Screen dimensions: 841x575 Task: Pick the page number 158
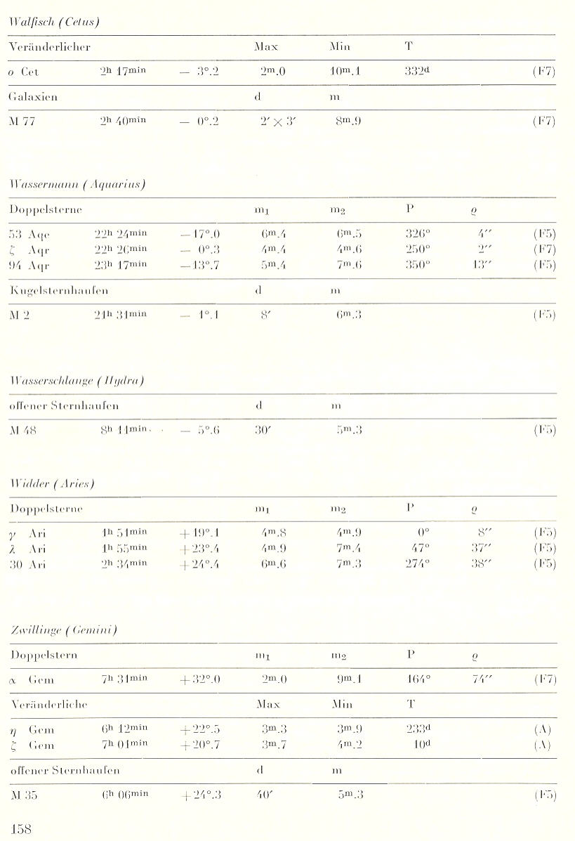coord(21,827)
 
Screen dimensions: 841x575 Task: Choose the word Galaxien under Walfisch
coord(33,97)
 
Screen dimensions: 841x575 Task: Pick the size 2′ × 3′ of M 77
coord(275,122)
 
